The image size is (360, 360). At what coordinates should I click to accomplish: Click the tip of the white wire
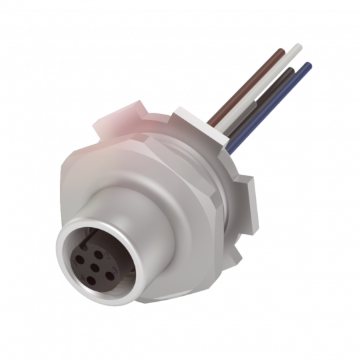pyautogui.click(x=299, y=46)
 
